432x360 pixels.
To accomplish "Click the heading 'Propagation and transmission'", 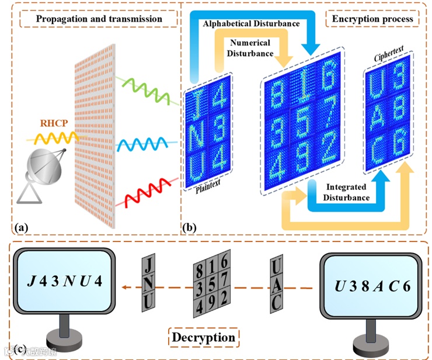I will pos(99,19).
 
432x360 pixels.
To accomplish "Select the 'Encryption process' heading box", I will pos(372,19).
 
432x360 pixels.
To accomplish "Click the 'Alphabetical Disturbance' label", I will pos(251,24).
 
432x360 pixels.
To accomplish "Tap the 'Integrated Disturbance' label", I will pos(347,192).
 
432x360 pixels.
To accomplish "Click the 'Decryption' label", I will pos(203,337).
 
